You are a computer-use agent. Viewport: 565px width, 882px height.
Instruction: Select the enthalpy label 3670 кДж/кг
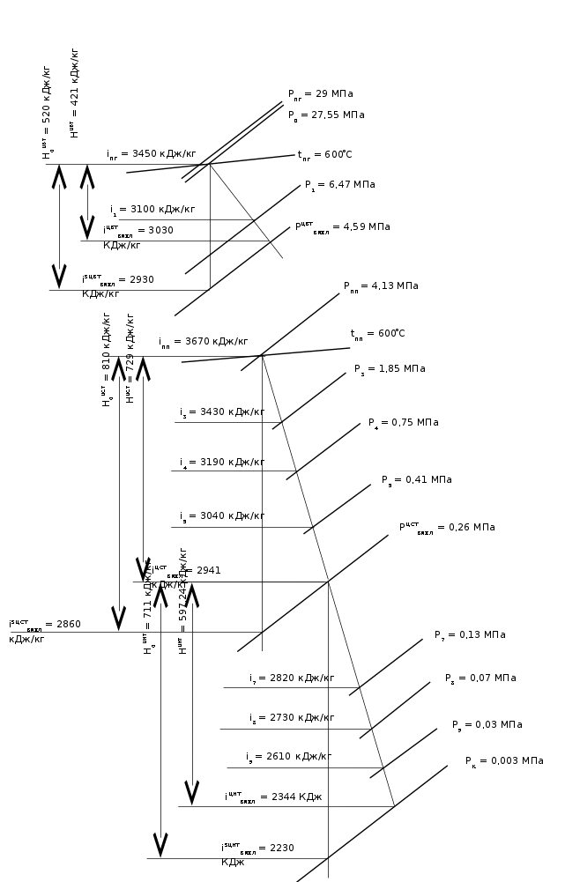(203, 341)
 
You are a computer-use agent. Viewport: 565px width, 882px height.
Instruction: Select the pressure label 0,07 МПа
(480, 678)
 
